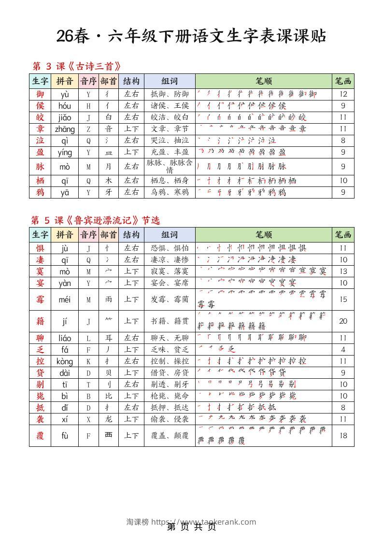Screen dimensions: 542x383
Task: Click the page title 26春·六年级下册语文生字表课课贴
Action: pos(191,36)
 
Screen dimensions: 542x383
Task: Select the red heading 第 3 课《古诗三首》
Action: pos(76,66)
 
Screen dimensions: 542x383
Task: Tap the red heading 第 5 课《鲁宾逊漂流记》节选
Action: pos(96,220)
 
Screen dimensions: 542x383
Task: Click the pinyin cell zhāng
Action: pos(65,129)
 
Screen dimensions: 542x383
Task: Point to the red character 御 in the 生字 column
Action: pos(40,94)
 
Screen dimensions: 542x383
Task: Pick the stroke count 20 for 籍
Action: pos(343,321)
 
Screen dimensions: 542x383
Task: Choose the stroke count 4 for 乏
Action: pos(343,349)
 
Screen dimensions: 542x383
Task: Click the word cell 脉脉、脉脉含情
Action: pos(170,166)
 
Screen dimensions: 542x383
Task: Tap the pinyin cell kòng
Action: pos(65,361)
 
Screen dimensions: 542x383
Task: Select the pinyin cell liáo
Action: pos(65,338)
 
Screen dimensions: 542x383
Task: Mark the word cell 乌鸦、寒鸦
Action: pos(170,192)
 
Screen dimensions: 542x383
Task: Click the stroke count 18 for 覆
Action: pos(343,435)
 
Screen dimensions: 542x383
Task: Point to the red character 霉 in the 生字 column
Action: pos(40,300)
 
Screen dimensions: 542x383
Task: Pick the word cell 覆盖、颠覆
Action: pos(170,435)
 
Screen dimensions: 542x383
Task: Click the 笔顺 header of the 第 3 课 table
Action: pos(263,81)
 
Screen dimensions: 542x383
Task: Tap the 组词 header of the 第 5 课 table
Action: pos(170,235)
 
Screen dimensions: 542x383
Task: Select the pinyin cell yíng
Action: pos(65,153)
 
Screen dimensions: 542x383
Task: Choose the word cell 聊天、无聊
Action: pos(170,338)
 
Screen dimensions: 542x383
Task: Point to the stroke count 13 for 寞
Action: pos(343,271)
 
